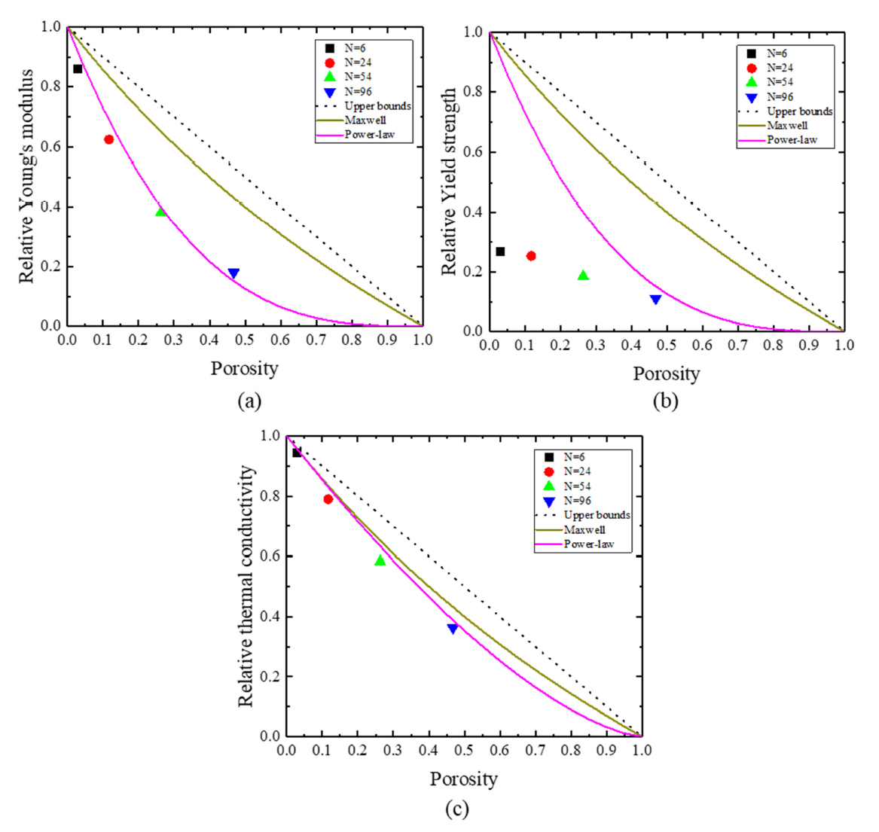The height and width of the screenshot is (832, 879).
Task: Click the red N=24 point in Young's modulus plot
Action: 109,139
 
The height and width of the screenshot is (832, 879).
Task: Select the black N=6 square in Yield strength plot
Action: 500,251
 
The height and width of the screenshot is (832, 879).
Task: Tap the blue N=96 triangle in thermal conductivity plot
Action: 453,629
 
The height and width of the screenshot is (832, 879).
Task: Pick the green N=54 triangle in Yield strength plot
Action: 583,276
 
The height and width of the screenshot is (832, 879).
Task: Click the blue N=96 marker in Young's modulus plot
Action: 233,273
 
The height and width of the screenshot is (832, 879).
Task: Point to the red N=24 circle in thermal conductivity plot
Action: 328,499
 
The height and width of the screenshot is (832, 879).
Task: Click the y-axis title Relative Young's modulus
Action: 28,176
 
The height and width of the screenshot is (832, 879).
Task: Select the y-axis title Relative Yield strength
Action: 450,181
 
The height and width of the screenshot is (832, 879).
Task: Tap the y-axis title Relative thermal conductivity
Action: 246,586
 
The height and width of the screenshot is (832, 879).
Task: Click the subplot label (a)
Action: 249,401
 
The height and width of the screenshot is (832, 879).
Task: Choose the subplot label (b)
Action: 666,401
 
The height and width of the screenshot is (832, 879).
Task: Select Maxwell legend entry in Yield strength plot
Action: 787,126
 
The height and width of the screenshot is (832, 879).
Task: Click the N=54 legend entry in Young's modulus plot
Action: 358,77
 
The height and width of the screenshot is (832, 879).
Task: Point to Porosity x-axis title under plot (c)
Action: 464,779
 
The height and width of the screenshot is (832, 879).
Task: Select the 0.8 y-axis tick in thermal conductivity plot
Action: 270,496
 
